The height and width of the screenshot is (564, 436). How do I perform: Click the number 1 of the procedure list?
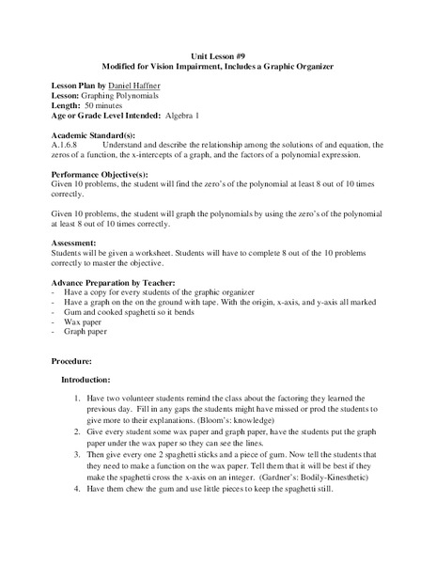[x=77, y=399]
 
